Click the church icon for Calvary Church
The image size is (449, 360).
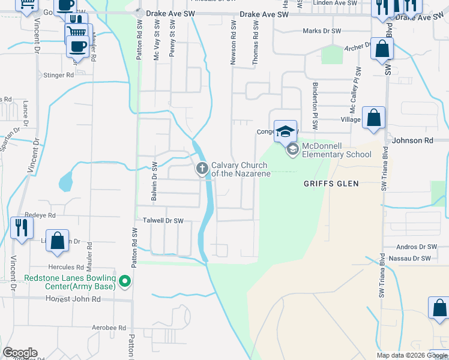(x=202, y=169)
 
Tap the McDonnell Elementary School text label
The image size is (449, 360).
(x=336, y=150)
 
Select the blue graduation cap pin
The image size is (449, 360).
(x=286, y=131)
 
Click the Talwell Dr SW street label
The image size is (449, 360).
(x=162, y=221)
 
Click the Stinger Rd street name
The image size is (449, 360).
(x=58, y=76)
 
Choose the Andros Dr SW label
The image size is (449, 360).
(x=418, y=247)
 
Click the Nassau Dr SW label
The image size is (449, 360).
(x=410, y=258)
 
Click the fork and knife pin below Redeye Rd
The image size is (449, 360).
(x=22, y=228)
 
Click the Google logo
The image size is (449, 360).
(x=20, y=353)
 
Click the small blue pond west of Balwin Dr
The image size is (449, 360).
(x=65, y=181)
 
